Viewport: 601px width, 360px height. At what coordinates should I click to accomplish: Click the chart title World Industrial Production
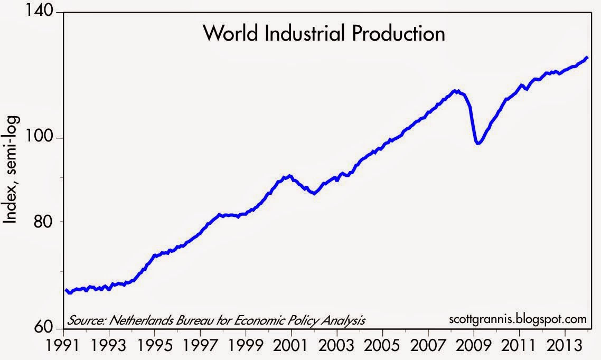tap(324, 34)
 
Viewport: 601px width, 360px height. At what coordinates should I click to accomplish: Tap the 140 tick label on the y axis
tap(42, 11)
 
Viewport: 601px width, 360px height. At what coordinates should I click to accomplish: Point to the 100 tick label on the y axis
tap(42, 137)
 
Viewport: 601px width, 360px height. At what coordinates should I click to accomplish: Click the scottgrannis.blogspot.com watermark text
tap(518, 319)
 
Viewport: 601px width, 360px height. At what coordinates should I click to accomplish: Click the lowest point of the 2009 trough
tap(478, 143)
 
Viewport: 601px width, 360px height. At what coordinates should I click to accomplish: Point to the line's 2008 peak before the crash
tap(456, 91)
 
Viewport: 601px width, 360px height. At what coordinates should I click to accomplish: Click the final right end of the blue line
tap(588, 57)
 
